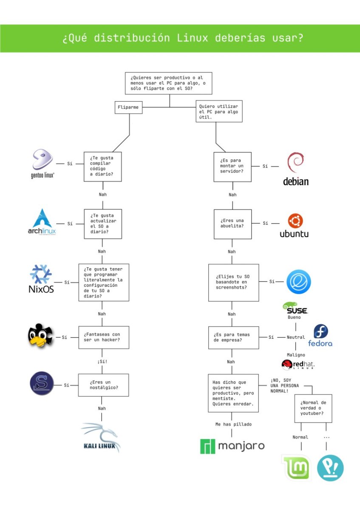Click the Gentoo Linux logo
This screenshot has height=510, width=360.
pos(43,164)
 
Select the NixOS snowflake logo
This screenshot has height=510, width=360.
pos(41,279)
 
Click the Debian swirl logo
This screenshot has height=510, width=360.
pos(296,170)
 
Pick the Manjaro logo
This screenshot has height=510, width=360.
pos(232,446)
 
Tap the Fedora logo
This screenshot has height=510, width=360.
pos(320,336)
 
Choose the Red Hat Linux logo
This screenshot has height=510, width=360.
pos(298,365)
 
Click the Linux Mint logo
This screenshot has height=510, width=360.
pos(296,467)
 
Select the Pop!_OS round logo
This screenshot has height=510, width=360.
pos(330,468)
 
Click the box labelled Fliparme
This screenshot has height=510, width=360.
pos(128,108)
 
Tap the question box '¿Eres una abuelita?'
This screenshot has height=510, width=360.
pos(232,223)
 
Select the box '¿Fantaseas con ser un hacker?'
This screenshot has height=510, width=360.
pos(103,337)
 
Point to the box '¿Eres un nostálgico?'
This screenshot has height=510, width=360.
pos(103,385)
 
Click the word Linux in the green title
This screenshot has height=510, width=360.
pos(192,38)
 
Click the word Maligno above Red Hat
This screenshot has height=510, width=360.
pos(295,354)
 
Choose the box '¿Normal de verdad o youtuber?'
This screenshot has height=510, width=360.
pos(313,408)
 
